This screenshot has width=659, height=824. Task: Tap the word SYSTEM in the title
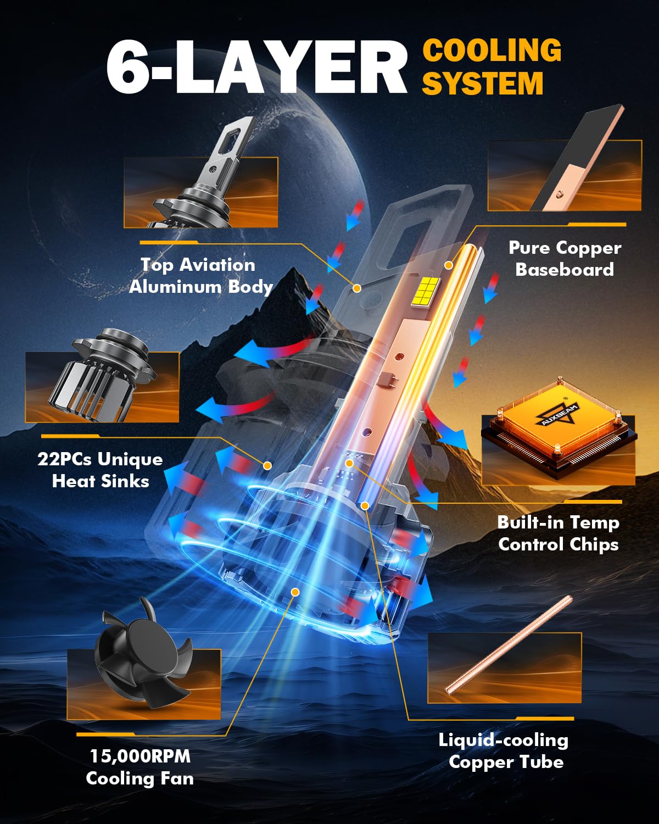[483, 83]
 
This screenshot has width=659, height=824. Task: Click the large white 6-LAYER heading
[256, 67]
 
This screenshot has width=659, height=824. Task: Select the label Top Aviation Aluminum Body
[200, 276]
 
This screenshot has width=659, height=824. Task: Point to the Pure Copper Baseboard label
[565, 258]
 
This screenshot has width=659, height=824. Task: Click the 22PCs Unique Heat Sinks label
[100, 470]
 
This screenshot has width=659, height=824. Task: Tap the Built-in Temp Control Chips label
[559, 533]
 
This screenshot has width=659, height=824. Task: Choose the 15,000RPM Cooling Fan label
[140, 767]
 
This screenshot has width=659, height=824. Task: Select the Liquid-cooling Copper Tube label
[504, 751]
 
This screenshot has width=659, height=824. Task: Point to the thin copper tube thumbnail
[509, 644]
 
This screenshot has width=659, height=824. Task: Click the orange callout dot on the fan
[295, 592]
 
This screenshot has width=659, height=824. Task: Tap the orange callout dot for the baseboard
[449, 265]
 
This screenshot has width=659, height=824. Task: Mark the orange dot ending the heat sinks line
[267, 466]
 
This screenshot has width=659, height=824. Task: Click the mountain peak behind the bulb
[294, 270]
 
